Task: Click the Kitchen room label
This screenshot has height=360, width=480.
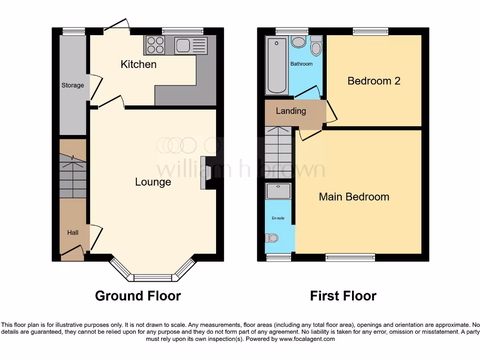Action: pos(138,64)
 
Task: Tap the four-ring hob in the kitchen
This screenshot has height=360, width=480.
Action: pos(155,45)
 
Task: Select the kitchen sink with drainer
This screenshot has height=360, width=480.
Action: pos(190,46)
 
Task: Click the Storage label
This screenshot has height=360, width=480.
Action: pos(73,85)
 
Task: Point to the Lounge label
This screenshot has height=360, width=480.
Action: pos(153,182)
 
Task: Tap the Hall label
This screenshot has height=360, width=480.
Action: pos(73,232)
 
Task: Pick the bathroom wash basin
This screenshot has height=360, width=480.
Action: pos(298,43)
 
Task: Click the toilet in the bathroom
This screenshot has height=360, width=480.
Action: pos(317,46)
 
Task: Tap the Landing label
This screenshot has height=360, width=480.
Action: pos(291,111)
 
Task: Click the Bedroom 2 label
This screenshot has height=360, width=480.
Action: pos(374,81)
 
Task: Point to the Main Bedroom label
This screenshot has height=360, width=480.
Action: pos(354,197)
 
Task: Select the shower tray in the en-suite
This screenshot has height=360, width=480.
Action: pos(278,191)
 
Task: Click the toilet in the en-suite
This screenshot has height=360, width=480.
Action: pos(271,238)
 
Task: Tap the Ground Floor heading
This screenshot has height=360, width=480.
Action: pos(138,296)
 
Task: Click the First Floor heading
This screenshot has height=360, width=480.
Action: pos(343,296)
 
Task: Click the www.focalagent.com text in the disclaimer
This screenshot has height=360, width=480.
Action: pos(308,339)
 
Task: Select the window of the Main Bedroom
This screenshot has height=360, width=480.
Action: pos(350,257)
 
